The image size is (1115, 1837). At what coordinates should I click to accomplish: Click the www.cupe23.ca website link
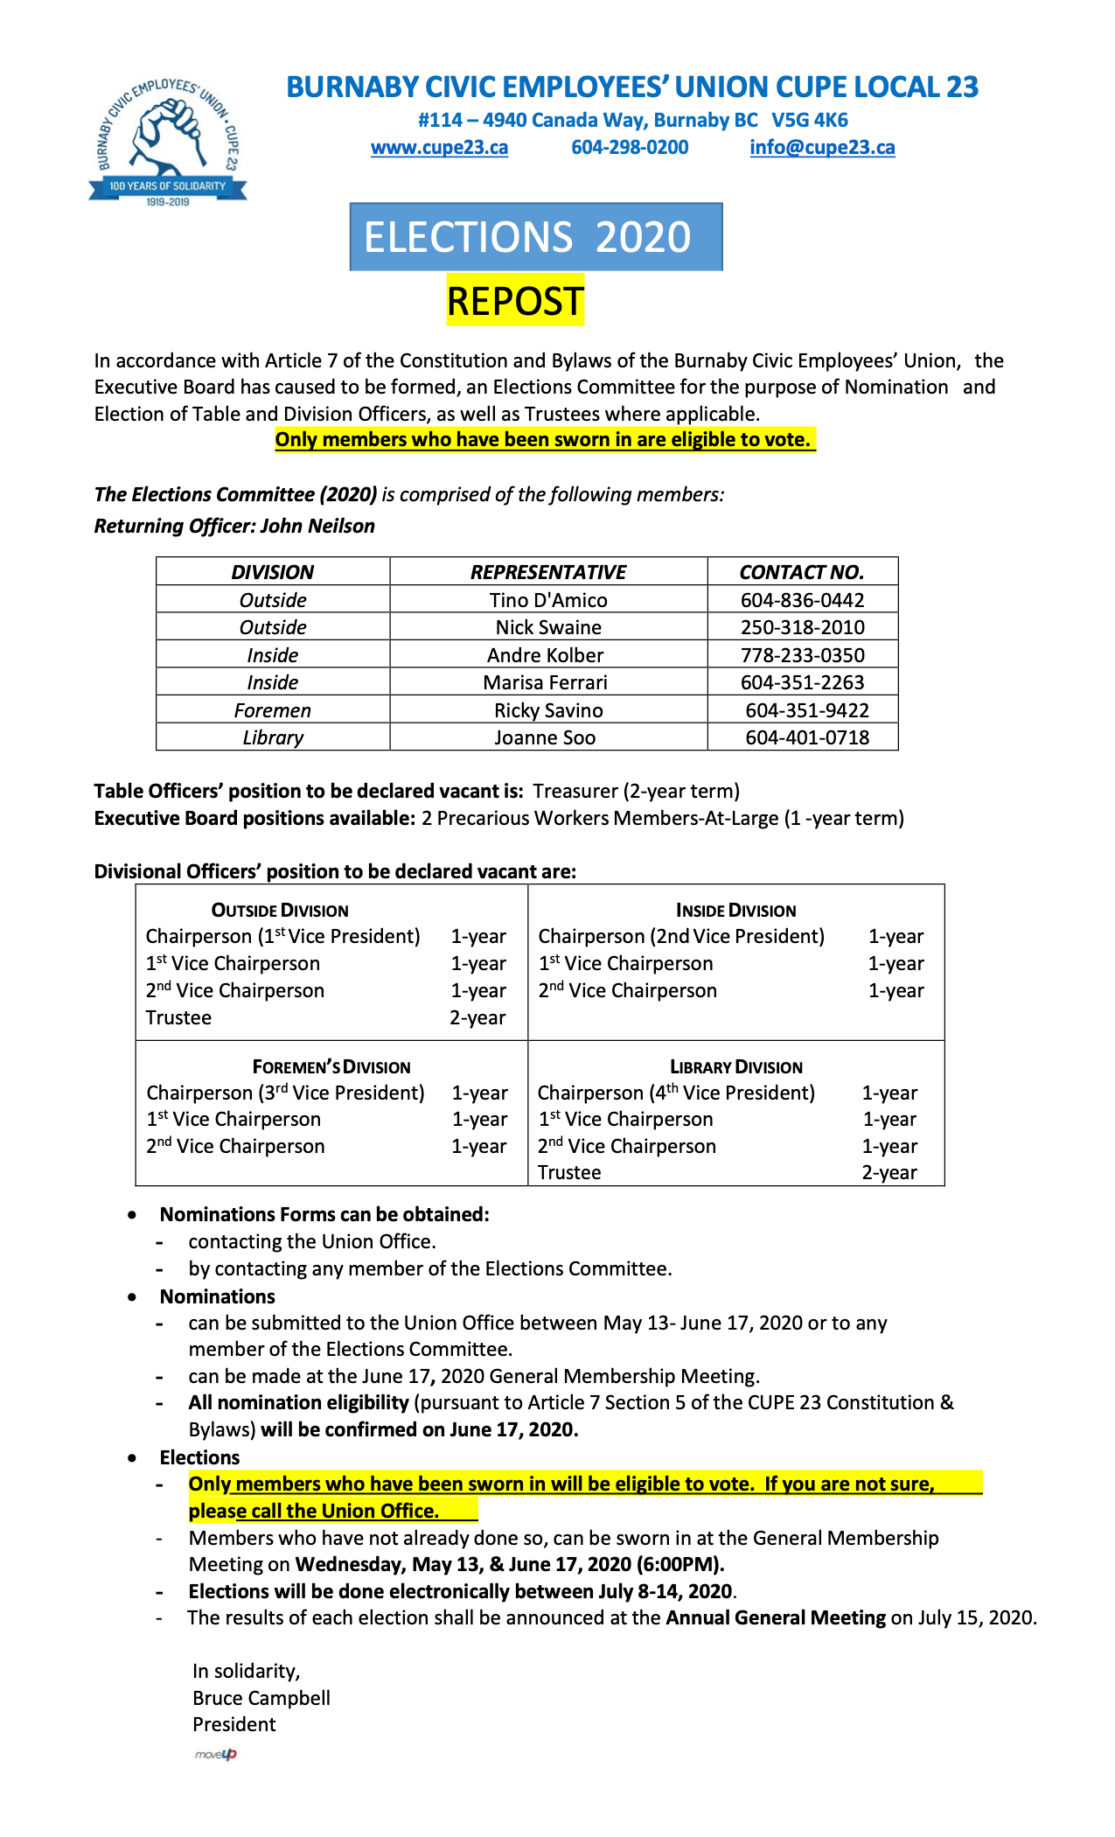(x=439, y=147)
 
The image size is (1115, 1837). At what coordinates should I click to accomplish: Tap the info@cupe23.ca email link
(x=822, y=147)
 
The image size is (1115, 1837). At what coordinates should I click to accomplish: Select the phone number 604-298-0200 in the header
(x=630, y=147)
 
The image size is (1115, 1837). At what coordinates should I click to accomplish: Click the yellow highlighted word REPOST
(x=514, y=301)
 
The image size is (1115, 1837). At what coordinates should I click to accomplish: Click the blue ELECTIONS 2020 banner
(x=535, y=237)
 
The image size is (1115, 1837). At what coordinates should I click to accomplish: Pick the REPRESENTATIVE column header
(x=548, y=572)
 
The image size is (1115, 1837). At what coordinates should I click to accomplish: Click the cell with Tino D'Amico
(x=548, y=600)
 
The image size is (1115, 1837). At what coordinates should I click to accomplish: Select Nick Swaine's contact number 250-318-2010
(x=802, y=627)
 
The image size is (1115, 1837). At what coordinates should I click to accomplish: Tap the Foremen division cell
(x=273, y=710)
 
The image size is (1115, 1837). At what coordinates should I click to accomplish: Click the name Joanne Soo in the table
(x=545, y=737)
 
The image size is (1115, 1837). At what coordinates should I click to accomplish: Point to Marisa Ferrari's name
(x=545, y=682)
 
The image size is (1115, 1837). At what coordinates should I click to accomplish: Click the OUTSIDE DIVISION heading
(x=280, y=911)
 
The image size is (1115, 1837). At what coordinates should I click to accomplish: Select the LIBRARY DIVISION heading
(x=735, y=1067)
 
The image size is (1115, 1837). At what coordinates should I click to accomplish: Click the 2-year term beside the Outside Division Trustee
(x=477, y=1017)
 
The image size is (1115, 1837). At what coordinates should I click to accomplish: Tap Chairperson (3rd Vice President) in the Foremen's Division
(x=285, y=1093)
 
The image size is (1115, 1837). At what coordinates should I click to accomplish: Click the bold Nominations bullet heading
(x=217, y=1296)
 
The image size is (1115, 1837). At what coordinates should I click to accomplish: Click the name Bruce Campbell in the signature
(x=261, y=1698)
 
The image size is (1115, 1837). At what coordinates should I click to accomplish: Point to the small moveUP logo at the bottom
(x=215, y=1754)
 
